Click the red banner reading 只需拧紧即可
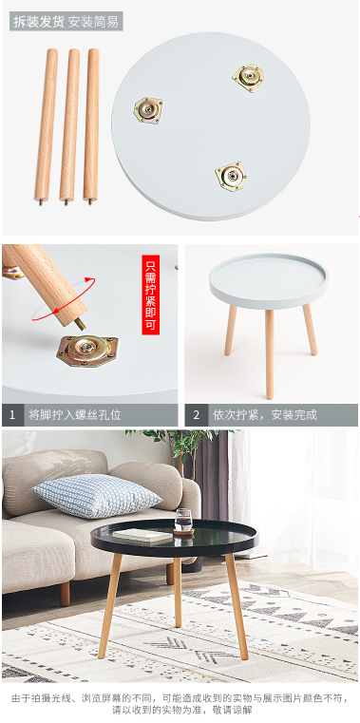click(x=151, y=295)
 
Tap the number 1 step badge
click(x=12, y=415)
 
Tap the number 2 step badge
click(x=197, y=415)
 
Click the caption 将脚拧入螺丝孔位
click(x=75, y=415)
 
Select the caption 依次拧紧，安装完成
click(x=265, y=415)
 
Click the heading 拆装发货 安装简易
click(x=66, y=21)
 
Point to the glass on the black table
click(x=183, y=522)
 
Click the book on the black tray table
click(x=142, y=535)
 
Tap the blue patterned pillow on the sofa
click(x=97, y=496)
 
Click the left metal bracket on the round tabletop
click(x=148, y=110)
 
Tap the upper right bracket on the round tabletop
click(x=248, y=77)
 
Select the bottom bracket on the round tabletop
click(x=231, y=176)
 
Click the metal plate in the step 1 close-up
click(x=87, y=351)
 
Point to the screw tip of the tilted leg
click(x=81, y=324)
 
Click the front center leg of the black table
click(x=178, y=592)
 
